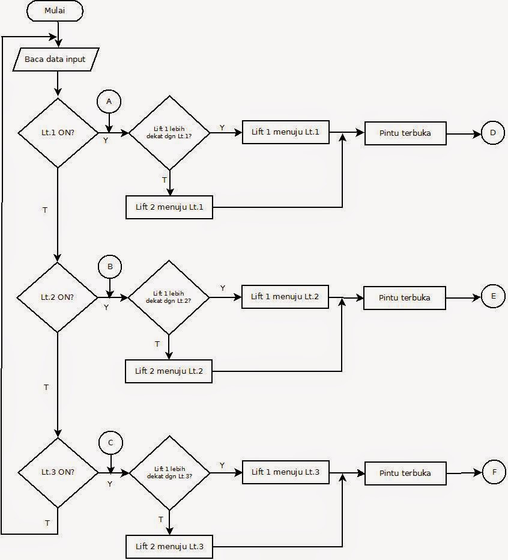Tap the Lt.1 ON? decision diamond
[x=58, y=132]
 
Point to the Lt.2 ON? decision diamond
[x=58, y=297]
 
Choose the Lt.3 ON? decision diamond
[x=58, y=472]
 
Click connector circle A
[x=109, y=102]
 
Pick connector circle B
[x=110, y=266]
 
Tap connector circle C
[x=110, y=443]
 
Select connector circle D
[x=493, y=133]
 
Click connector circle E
[x=493, y=296]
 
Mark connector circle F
[x=494, y=472]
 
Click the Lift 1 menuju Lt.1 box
[x=286, y=132]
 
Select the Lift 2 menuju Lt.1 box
[x=169, y=207]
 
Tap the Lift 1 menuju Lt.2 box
[x=285, y=296]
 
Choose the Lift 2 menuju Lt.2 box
[x=169, y=371]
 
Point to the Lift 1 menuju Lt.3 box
[x=285, y=472]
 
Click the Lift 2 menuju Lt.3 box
[x=169, y=546]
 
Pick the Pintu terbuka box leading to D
[x=405, y=133]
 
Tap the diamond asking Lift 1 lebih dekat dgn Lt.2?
[x=169, y=297]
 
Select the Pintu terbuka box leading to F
[x=405, y=473]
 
